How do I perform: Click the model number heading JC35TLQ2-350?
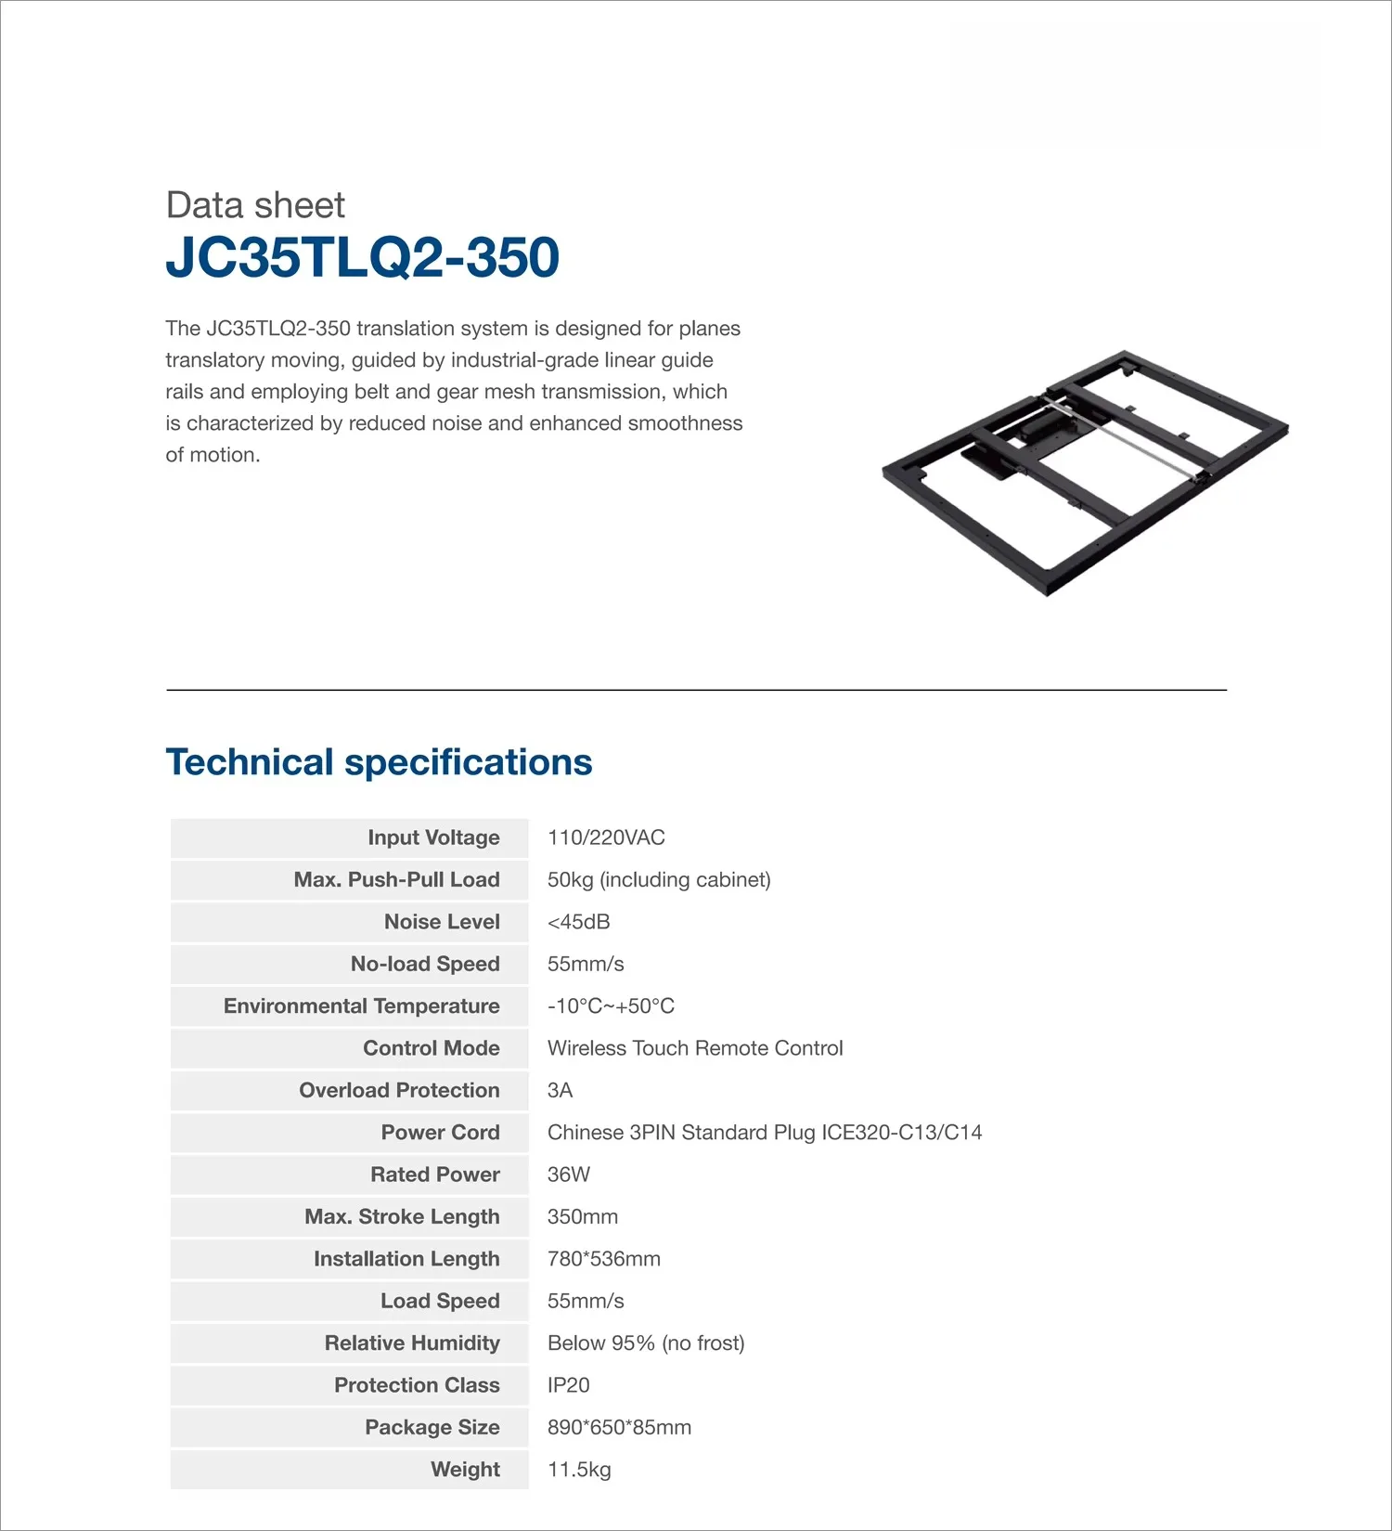pyautogui.click(x=362, y=257)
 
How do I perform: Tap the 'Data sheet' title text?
pyautogui.click(x=255, y=205)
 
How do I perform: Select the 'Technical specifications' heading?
pyautogui.click(x=379, y=762)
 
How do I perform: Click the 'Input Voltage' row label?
pyautogui.click(x=433, y=837)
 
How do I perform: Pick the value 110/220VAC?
pyautogui.click(x=606, y=837)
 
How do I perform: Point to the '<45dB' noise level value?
pyautogui.click(x=578, y=922)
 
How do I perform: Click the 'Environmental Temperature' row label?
pyautogui.click(x=361, y=1006)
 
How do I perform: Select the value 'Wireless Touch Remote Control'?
pyautogui.click(x=695, y=1048)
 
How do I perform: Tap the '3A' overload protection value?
pyautogui.click(x=560, y=1090)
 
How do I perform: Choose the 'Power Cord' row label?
pyautogui.click(x=440, y=1133)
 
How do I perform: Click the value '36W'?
pyautogui.click(x=568, y=1174)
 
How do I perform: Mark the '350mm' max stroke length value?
pyautogui.click(x=582, y=1217)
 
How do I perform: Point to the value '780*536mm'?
pyautogui.click(x=603, y=1259)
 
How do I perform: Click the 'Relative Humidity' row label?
pyautogui.click(x=412, y=1343)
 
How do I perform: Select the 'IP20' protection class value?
pyautogui.click(x=568, y=1385)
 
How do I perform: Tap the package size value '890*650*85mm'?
pyautogui.click(x=619, y=1428)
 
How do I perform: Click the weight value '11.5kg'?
pyautogui.click(x=579, y=1470)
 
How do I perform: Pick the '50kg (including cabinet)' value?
pyautogui.click(x=659, y=880)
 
